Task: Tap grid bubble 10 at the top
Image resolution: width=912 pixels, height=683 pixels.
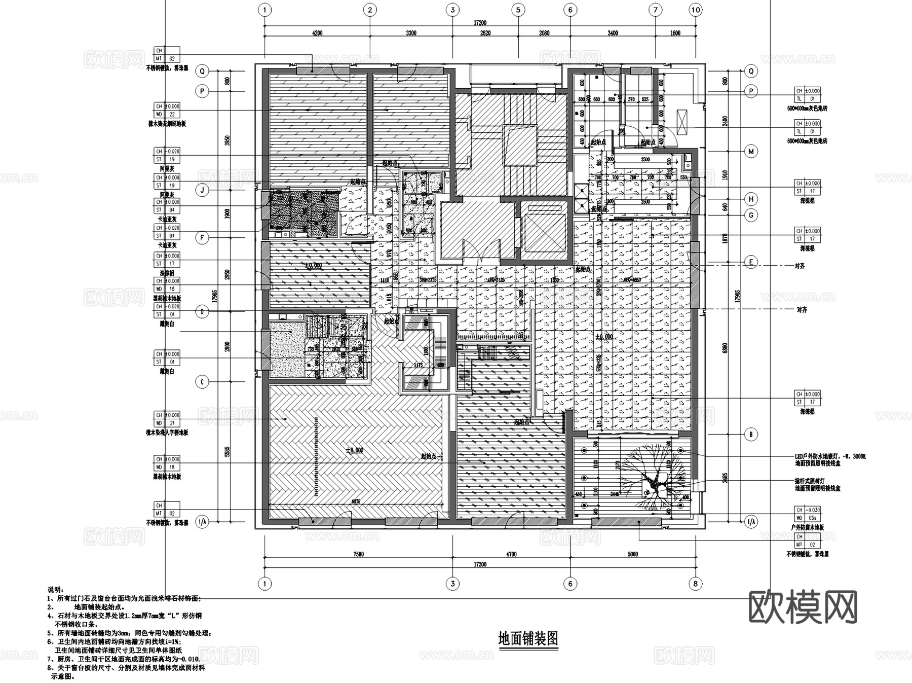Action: coord(696,10)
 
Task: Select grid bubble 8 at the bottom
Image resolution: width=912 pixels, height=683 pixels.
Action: coord(696,584)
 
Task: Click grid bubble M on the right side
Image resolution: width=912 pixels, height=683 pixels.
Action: coord(751,151)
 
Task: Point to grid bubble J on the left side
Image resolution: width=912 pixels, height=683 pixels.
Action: coord(202,191)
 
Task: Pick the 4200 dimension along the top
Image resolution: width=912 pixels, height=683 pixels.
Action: coord(317,33)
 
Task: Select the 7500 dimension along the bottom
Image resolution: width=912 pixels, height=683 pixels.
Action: coord(358,554)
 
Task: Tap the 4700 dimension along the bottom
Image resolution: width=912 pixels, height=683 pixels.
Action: coord(511,554)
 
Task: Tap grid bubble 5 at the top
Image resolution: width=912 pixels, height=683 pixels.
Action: coord(518,10)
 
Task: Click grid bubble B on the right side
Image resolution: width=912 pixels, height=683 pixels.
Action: coord(751,434)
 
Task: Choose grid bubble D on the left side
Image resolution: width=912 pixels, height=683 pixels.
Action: coord(202,311)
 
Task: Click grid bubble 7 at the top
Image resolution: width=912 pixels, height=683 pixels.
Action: coord(655,10)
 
